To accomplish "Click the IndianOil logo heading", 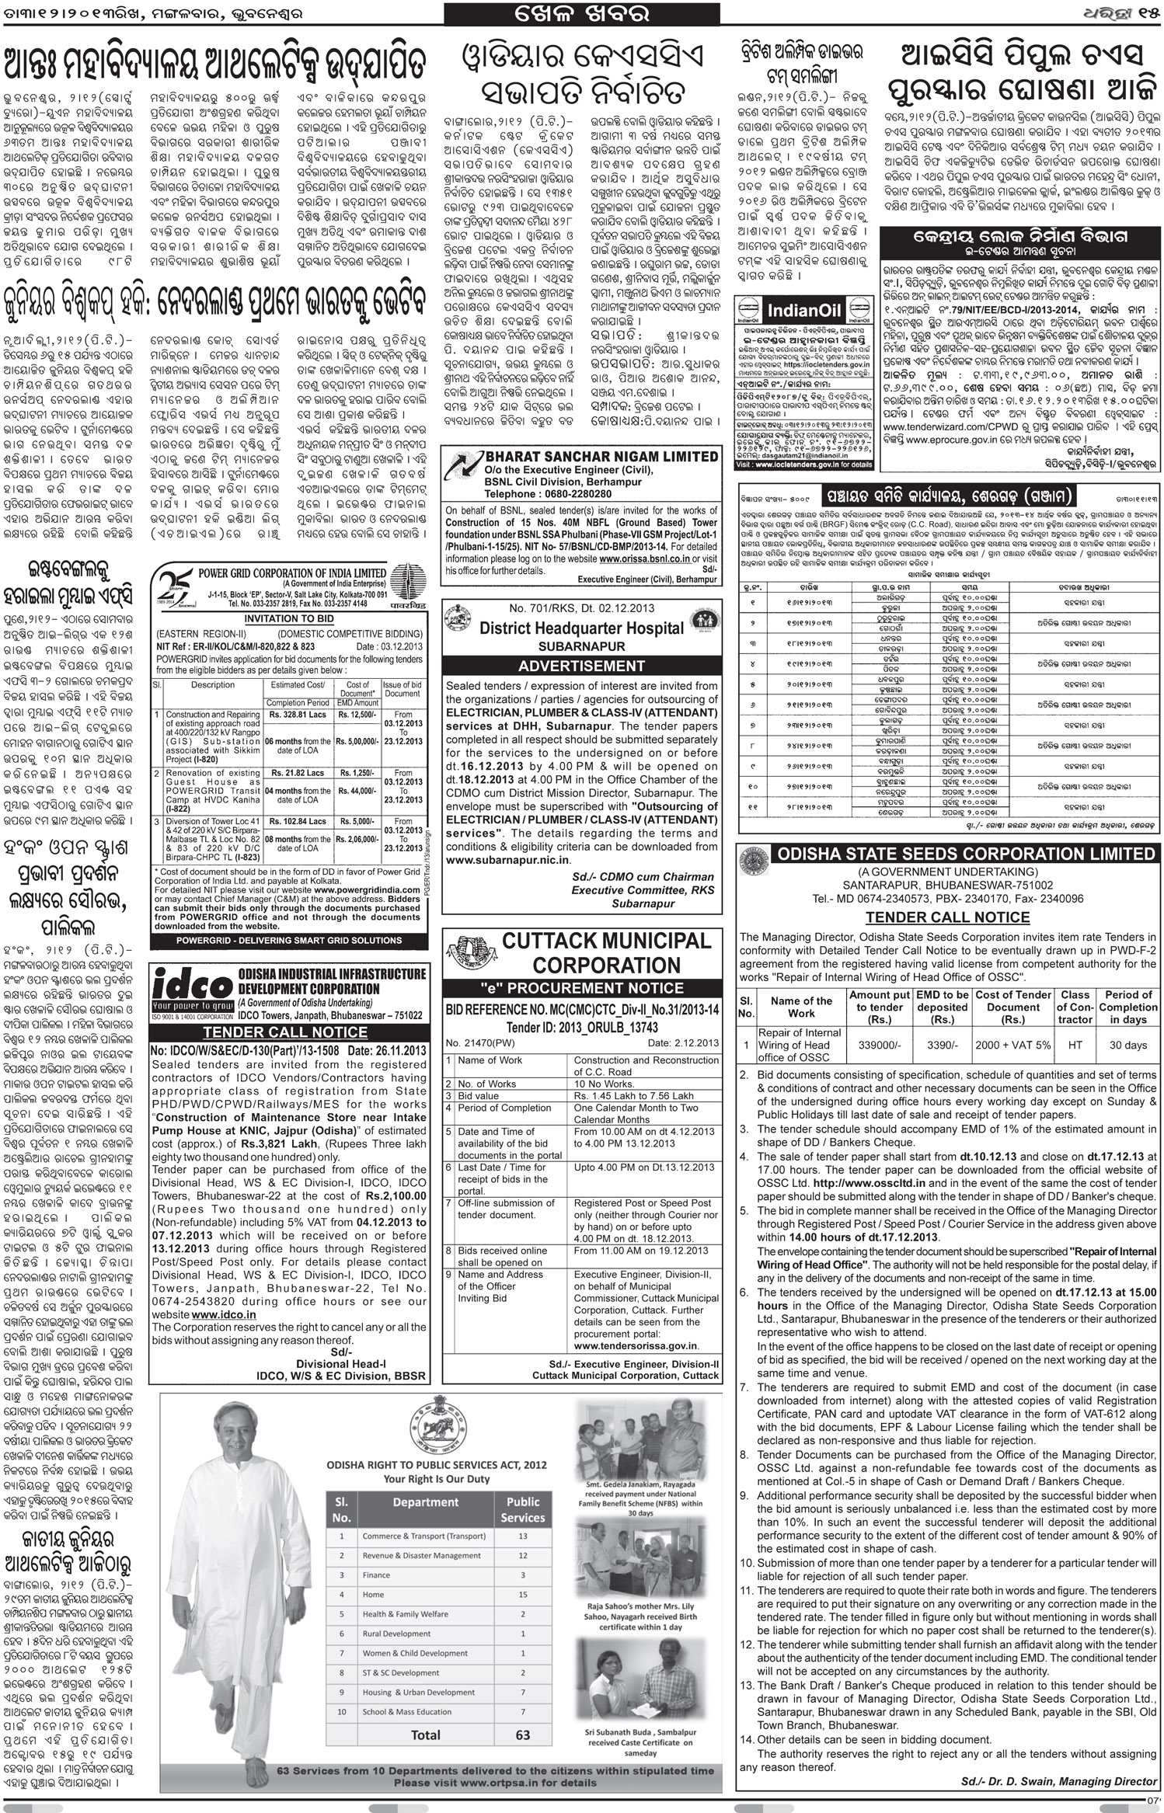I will tap(803, 311).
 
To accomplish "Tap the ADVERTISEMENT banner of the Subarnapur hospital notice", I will tap(582, 666).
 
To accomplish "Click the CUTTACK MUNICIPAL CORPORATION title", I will tap(607, 952).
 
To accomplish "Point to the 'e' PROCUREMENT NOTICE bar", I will tap(582, 988).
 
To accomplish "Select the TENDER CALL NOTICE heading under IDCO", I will tap(285, 1032).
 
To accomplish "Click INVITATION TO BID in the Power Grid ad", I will tap(290, 618).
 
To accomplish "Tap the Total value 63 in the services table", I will tap(523, 1713).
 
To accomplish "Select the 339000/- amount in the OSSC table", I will tap(880, 1045).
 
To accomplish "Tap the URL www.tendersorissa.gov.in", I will tap(636, 1345).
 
